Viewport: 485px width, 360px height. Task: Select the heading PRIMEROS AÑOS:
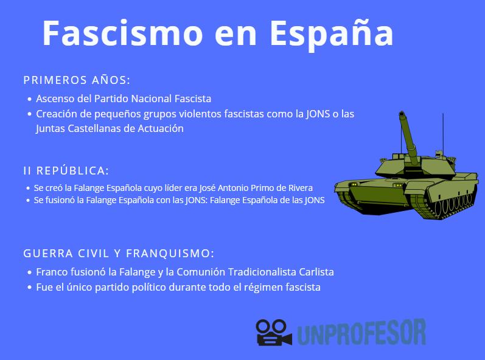[77, 80]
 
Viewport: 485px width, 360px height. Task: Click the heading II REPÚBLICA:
[66, 171]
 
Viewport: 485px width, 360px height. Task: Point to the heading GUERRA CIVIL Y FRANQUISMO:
[119, 254]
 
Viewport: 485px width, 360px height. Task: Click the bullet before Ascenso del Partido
[29, 99]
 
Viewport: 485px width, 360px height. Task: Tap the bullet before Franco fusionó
[29, 273]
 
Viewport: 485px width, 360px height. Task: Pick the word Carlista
[314, 272]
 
